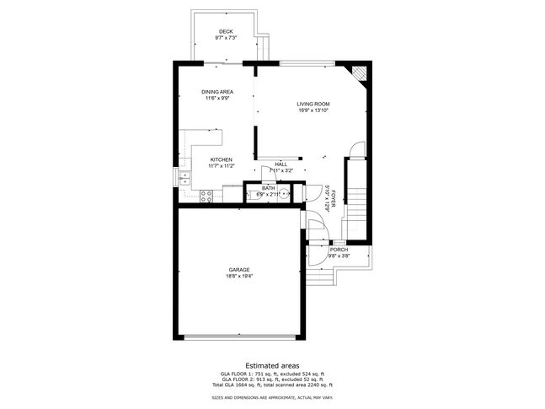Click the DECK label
click(226, 32)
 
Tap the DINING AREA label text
click(217, 91)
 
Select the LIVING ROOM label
click(313, 104)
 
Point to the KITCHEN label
click(221, 159)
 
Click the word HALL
click(281, 164)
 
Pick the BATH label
click(268, 188)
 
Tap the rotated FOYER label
click(334, 199)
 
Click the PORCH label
click(338, 250)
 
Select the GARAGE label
click(238, 270)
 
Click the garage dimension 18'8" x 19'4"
click(238, 276)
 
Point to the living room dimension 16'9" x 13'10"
click(313, 110)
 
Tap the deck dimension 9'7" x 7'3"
click(226, 38)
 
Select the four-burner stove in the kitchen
click(206, 196)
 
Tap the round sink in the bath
click(285, 194)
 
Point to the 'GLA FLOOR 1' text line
click(271, 373)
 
